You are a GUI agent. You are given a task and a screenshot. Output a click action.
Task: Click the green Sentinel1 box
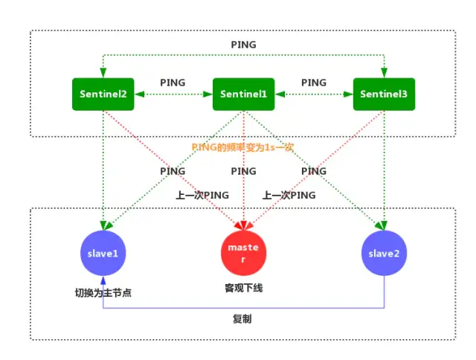tap(244, 94)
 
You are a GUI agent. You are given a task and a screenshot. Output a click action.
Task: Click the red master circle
tap(244, 253)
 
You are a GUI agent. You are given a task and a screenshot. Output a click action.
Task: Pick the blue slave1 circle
tap(103, 253)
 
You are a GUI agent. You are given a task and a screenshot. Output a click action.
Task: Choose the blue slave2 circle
tap(384, 253)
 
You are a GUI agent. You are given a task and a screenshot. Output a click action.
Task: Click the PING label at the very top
tap(244, 45)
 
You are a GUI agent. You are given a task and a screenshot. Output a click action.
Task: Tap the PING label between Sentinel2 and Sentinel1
tap(173, 83)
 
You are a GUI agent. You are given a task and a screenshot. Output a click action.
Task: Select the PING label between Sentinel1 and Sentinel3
tap(314, 83)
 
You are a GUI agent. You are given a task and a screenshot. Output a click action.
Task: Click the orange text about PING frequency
tap(242, 147)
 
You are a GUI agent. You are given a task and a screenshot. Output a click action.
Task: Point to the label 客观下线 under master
tap(244, 286)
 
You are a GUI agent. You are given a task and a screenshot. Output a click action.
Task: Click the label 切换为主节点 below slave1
tap(103, 292)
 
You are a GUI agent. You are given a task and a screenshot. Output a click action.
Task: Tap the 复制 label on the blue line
tap(242, 318)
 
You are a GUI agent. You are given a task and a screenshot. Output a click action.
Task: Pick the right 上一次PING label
tap(289, 195)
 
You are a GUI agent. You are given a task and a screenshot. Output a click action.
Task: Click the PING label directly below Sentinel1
tap(244, 171)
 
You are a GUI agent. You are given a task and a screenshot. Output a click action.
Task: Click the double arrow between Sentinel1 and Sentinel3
tap(313, 94)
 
